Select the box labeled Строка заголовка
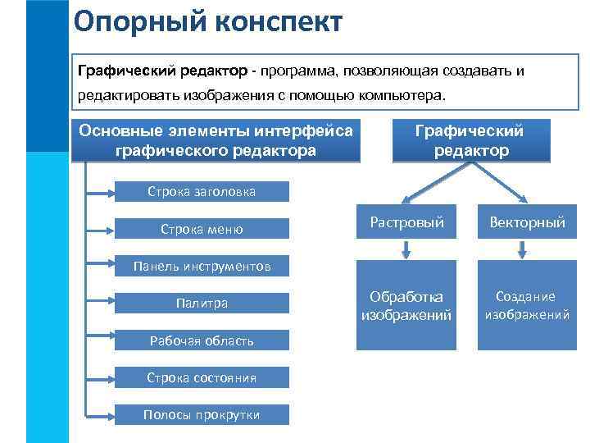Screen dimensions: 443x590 201,192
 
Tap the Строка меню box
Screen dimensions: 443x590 201,229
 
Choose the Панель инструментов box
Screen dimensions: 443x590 201,266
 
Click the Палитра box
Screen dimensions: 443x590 201,304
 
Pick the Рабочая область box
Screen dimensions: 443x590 201,340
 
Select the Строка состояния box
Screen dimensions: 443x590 201,377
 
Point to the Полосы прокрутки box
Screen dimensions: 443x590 201,414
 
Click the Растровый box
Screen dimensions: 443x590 406,222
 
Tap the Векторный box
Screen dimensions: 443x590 527,222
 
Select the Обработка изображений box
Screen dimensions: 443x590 406,305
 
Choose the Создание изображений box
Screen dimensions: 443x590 527,305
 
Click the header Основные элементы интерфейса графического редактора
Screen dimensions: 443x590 216,140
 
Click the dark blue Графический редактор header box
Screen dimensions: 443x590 470,140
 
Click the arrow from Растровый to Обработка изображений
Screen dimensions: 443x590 406,250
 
